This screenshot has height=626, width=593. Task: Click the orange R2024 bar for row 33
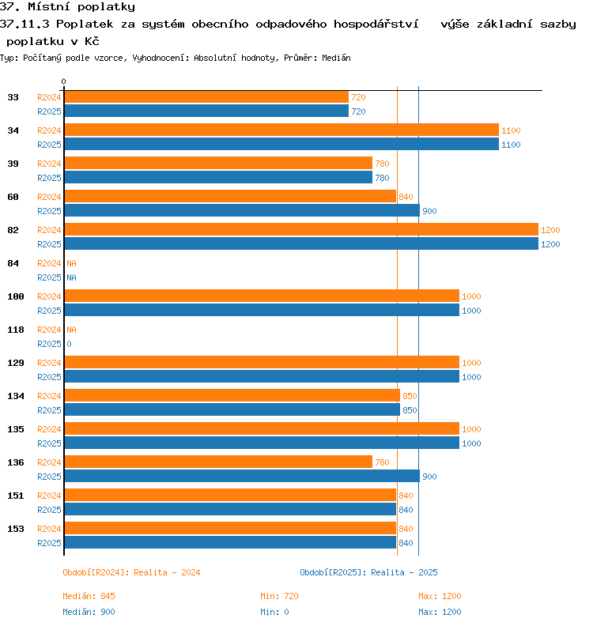tap(206, 97)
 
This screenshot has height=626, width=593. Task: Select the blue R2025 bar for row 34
tap(281, 144)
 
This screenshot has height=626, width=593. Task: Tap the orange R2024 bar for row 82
tap(301, 229)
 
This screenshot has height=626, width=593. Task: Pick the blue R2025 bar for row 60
tap(242, 210)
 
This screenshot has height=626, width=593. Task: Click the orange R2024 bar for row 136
tap(218, 462)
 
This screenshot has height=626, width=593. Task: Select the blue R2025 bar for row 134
tap(232, 409)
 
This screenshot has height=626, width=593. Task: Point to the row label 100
tap(16, 296)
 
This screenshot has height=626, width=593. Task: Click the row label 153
tap(16, 529)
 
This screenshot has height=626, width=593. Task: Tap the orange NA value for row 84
tap(71, 263)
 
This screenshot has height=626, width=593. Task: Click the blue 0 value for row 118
tap(69, 344)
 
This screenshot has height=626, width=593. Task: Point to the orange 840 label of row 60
tap(406, 197)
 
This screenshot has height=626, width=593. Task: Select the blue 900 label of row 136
tap(429, 477)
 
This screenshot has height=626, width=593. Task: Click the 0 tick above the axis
tap(63, 81)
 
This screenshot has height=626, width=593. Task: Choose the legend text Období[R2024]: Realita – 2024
tap(131, 572)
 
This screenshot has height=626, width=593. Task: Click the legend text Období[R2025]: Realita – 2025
tap(368, 572)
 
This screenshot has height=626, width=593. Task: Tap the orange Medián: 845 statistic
tap(89, 596)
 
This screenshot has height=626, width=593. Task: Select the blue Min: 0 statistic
tap(274, 612)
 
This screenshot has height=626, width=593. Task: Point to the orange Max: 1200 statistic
tap(440, 596)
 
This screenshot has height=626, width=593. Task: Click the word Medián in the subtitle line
tap(336, 58)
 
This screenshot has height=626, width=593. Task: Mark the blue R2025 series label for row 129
tap(49, 377)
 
